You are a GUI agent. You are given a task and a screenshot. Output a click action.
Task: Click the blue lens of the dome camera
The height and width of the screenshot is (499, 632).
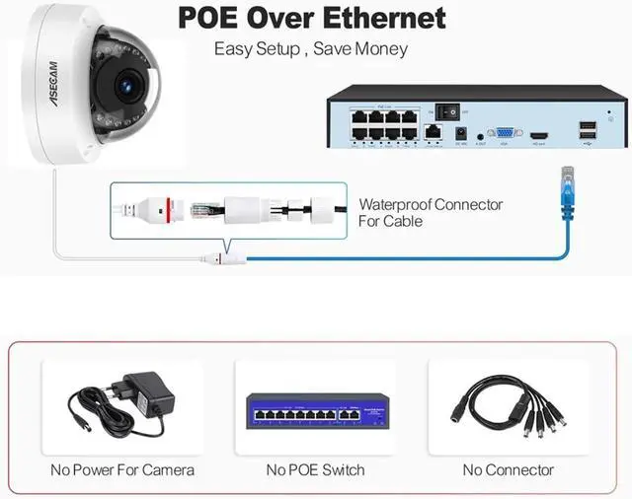[x=125, y=87]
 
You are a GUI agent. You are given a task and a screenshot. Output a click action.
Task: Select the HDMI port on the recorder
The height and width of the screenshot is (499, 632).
[x=540, y=133]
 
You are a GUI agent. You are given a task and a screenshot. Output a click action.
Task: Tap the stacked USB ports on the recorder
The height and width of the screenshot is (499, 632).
[x=587, y=128]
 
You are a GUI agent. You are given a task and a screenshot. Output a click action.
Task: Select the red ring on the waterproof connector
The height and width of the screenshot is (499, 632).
[x=168, y=207]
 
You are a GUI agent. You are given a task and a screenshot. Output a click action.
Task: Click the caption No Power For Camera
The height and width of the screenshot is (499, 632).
[x=122, y=469]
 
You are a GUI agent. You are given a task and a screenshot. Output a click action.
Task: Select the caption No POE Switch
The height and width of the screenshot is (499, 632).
[x=315, y=469]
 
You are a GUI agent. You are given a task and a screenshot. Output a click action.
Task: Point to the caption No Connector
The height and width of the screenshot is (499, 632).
[x=508, y=469]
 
